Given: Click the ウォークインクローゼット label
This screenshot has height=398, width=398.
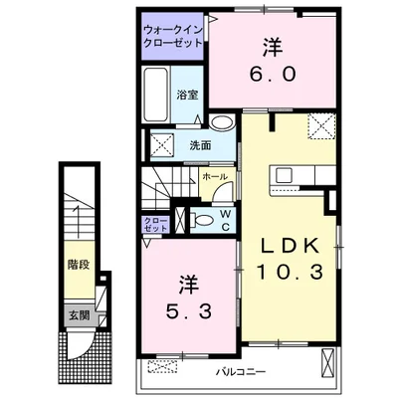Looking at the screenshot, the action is (172, 37).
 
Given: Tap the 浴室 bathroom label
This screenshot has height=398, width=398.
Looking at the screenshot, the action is (187, 96).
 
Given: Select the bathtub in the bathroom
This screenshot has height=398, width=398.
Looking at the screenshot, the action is (155, 95).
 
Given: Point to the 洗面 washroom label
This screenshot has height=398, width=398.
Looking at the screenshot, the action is (200, 145).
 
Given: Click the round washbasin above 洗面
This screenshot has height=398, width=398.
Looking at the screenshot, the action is (222, 122).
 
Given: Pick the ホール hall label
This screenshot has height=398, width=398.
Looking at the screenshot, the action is (215, 177).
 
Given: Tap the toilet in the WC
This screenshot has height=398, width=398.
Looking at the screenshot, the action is (201, 220).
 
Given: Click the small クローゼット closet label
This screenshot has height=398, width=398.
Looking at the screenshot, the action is (155, 224).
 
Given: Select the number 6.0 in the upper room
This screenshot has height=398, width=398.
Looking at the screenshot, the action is (273, 75).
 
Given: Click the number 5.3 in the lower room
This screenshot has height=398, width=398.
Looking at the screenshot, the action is (189, 311).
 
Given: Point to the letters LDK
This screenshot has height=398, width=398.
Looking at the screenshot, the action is (290, 247).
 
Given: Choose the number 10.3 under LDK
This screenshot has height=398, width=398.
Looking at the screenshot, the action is (290, 273).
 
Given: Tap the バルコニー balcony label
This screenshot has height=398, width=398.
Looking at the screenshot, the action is (241, 372).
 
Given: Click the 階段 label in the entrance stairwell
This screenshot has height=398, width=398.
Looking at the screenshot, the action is (79, 265).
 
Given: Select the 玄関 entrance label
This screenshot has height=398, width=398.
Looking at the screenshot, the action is (79, 315).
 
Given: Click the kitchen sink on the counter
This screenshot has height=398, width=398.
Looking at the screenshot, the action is (284, 175).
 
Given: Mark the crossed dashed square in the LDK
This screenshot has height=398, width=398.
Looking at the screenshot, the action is (322, 126).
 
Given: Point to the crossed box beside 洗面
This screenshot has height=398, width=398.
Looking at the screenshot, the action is (162, 144).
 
